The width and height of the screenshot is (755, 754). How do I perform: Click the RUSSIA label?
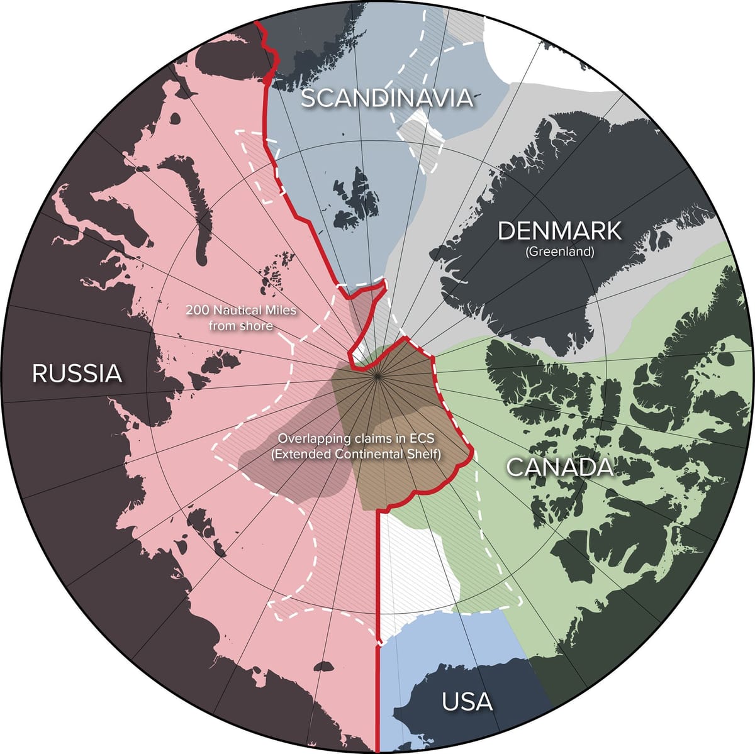(77, 373)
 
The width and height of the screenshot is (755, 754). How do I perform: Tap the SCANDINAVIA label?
(386, 98)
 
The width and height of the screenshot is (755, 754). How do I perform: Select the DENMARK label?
(559, 231)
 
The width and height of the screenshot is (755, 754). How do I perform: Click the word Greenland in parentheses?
(559, 252)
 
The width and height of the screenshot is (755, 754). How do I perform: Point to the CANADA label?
(559, 467)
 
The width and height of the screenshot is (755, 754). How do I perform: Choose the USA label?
(467, 701)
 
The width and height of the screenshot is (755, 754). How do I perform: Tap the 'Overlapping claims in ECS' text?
(355, 438)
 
